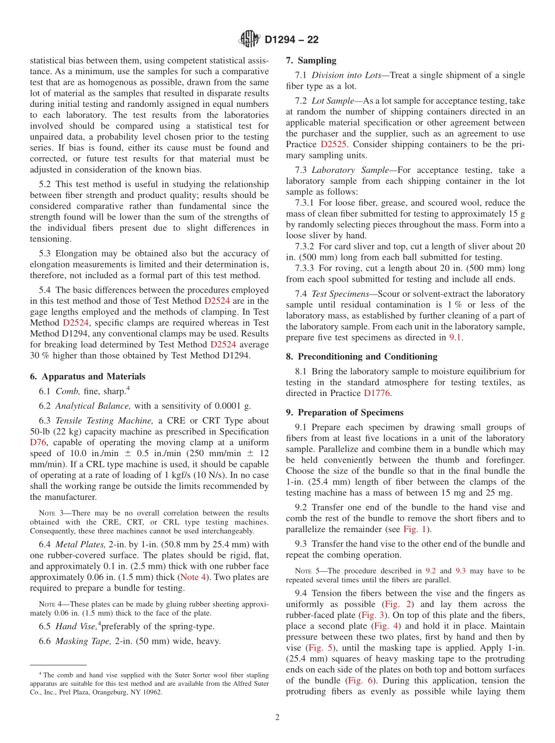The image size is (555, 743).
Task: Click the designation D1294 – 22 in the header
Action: coord(292,40)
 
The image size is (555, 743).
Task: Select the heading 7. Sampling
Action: coord(311,60)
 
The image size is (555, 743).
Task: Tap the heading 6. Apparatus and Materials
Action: coord(88,376)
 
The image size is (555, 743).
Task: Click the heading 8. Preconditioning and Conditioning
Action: coord(362,356)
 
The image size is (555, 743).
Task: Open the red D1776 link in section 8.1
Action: coord(377,393)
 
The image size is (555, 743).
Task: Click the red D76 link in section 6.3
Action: coord(37,443)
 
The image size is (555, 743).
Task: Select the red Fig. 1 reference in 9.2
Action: coord(415,529)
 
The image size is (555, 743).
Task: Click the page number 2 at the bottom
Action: coord(277,717)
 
